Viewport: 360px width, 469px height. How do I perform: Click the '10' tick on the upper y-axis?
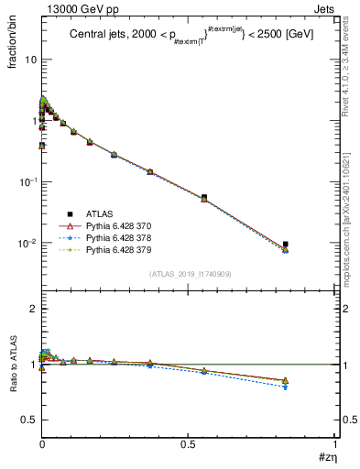coord(29,60)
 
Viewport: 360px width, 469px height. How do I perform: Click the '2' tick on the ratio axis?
coord(33,309)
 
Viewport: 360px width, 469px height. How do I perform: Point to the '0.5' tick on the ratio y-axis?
coord(29,420)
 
